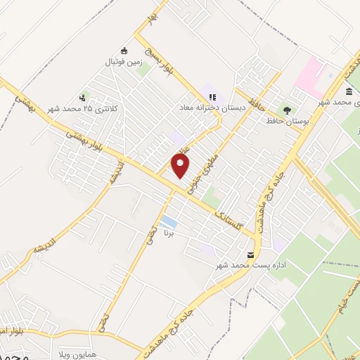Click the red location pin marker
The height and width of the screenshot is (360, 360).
[181, 166]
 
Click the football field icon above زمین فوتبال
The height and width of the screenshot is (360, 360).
[124, 50]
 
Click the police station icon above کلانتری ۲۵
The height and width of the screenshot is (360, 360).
[83, 98]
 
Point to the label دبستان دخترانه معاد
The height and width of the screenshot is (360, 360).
[212, 108]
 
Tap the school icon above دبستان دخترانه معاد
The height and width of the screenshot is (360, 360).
[212, 97]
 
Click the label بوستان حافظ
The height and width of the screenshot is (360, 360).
[288, 121]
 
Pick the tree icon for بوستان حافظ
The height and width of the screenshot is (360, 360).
[286, 109]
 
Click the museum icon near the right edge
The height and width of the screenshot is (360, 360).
[349, 92]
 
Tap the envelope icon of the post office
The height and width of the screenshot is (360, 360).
[251, 255]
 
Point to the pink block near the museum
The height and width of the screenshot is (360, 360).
[309, 78]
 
